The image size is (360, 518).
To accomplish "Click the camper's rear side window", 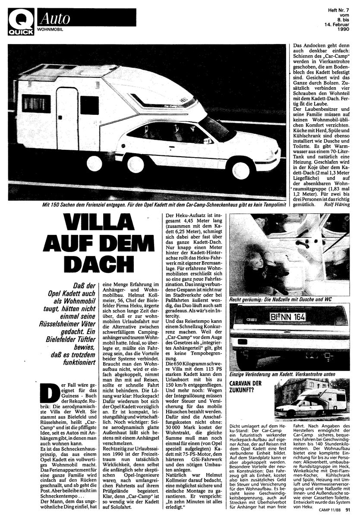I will point(36,104).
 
